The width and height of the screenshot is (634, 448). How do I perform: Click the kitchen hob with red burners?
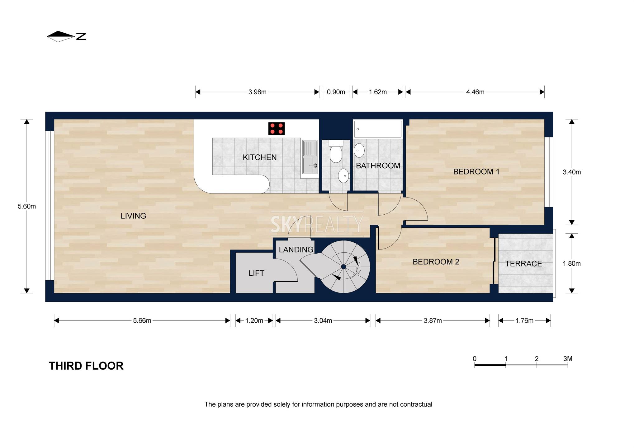pyautogui.click(x=277, y=128)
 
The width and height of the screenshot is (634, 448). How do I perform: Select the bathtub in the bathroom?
pyautogui.click(x=378, y=129)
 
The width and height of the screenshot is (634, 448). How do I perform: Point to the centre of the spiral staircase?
pyautogui.click(x=343, y=267)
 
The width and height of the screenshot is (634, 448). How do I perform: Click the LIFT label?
pyautogui.click(x=256, y=273)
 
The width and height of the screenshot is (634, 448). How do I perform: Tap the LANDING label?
pyautogui.click(x=296, y=250)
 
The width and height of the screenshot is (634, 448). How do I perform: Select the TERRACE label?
pyautogui.click(x=523, y=264)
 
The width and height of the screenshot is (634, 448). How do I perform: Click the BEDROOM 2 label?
pyautogui.click(x=436, y=262)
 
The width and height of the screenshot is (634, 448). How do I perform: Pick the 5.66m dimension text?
pyautogui.click(x=142, y=320)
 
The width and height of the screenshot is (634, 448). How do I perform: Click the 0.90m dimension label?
pyautogui.click(x=336, y=92)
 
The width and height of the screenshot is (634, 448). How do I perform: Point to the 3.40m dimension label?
pyautogui.click(x=571, y=172)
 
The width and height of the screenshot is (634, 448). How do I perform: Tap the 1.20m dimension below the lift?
pyautogui.click(x=254, y=320)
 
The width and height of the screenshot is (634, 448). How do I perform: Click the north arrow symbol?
pyautogui.click(x=66, y=36)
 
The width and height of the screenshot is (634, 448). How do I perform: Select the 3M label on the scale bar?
pyautogui.click(x=568, y=359)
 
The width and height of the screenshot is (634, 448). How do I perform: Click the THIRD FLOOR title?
pyautogui.click(x=86, y=366)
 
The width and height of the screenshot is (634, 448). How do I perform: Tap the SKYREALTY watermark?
pyautogui.click(x=317, y=224)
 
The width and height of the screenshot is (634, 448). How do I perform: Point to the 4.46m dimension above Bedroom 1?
pyautogui.click(x=475, y=92)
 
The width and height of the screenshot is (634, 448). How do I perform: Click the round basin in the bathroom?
pyautogui.click(x=359, y=151)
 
